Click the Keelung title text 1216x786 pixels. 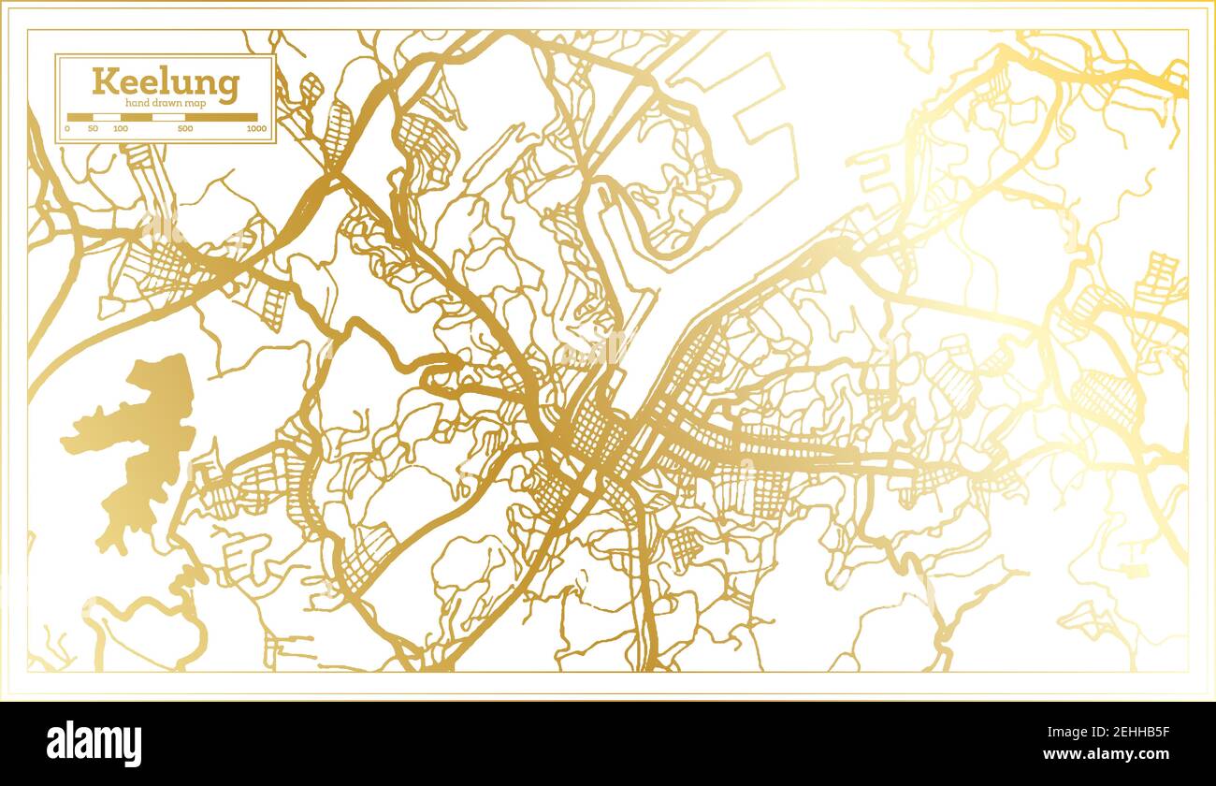[x=166, y=82]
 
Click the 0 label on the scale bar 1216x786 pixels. [x=67, y=128]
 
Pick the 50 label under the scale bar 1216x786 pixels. [x=93, y=128]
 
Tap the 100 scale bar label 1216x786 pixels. [x=121, y=128]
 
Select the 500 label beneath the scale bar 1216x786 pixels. [x=185, y=128]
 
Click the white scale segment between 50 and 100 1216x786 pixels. [x=108, y=118]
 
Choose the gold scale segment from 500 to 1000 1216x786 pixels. [x=221, y=118]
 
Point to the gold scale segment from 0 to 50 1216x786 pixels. [x=80, y=118]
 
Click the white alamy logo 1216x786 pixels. [x=94, y=744]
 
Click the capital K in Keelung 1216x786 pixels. [x=103, y=81]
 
